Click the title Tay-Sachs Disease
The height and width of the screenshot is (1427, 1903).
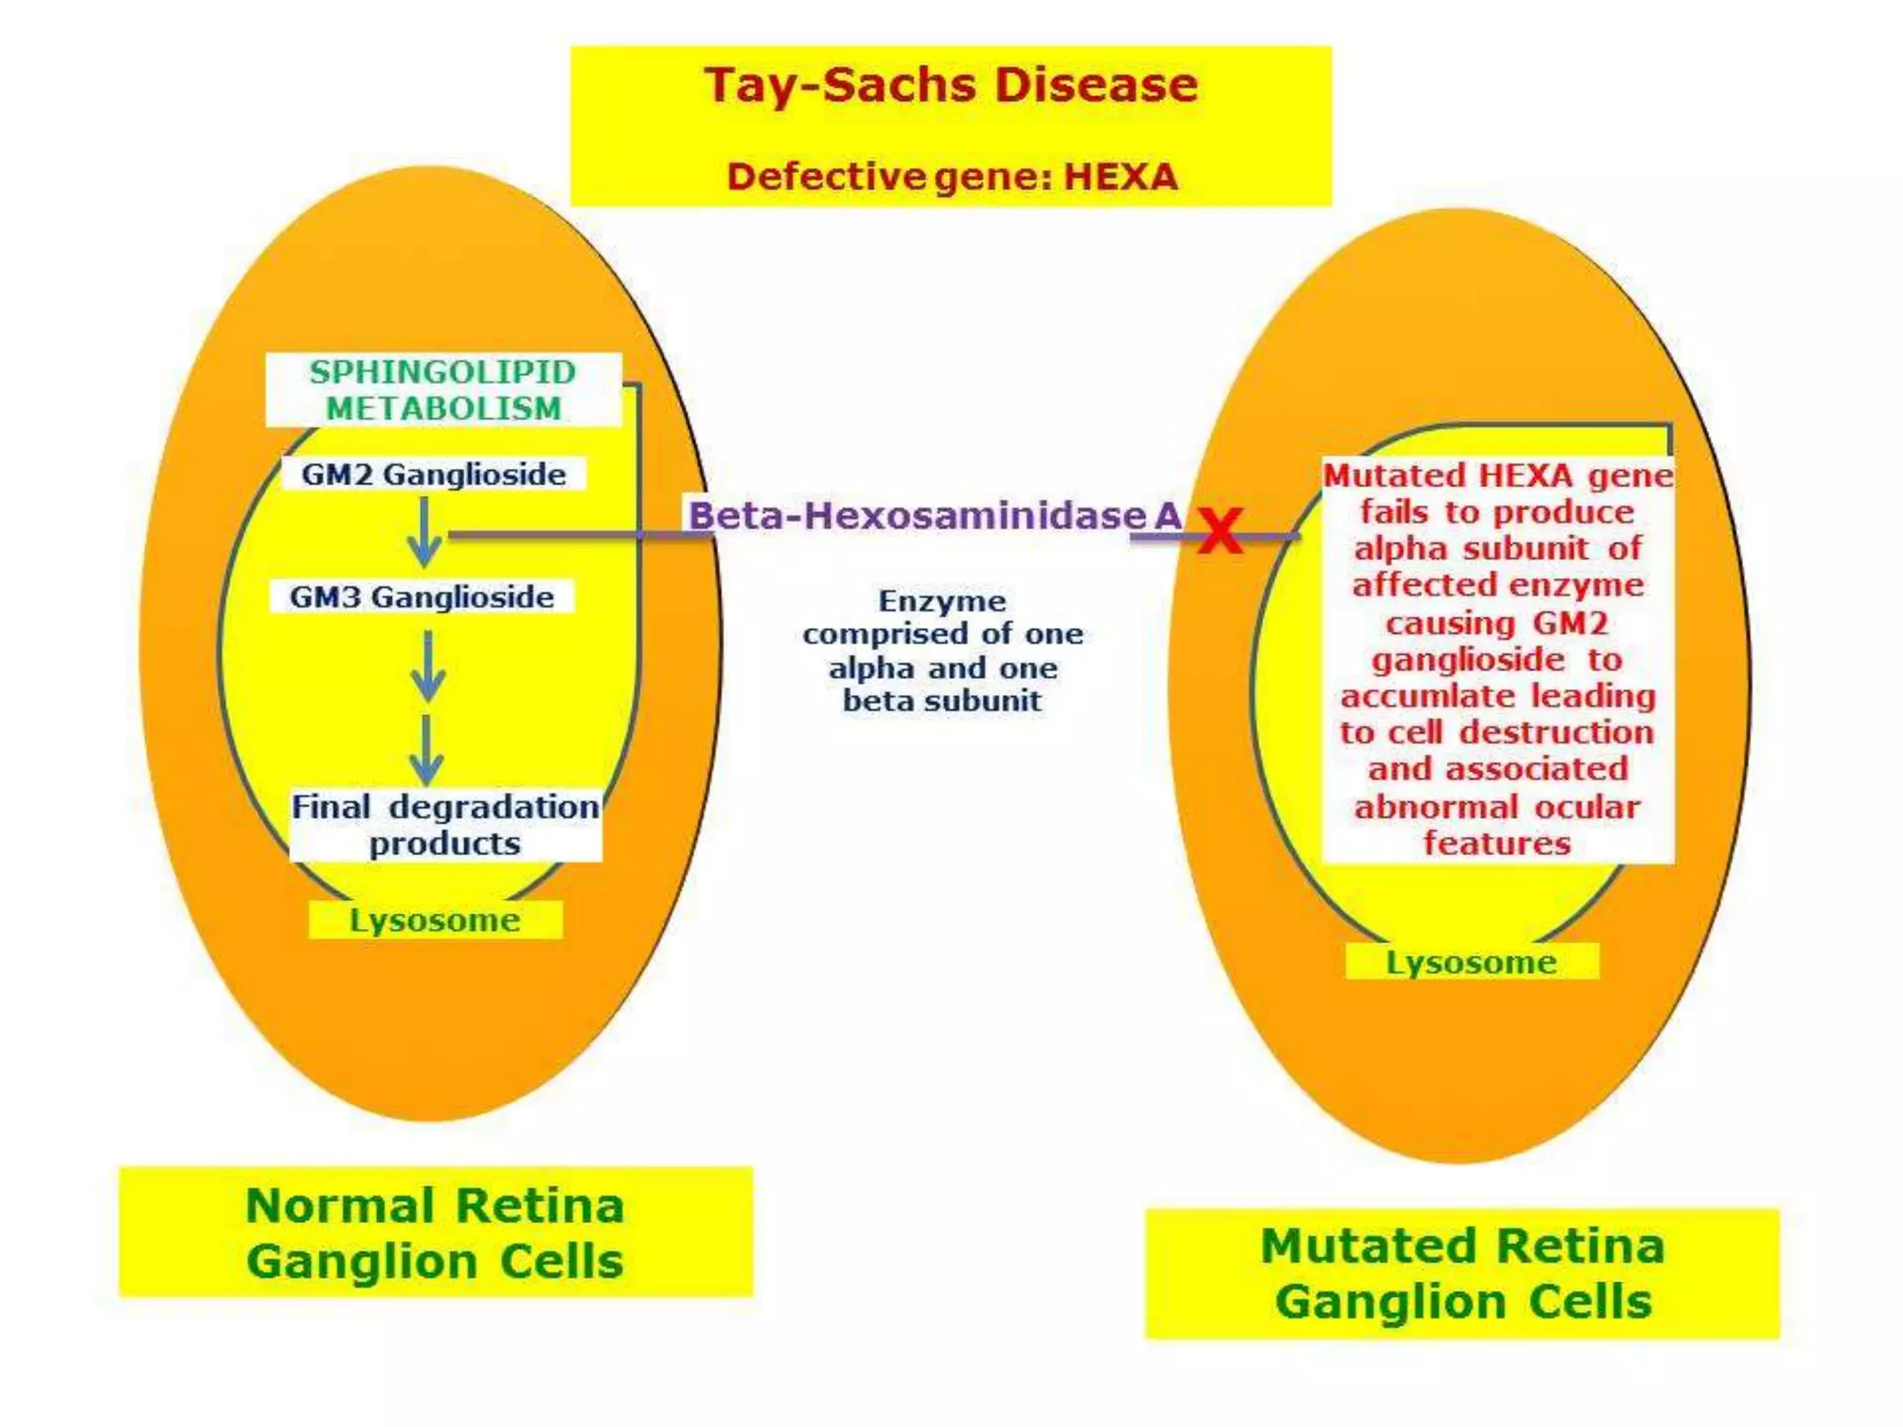951,85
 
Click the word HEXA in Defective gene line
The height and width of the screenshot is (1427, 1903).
1120,177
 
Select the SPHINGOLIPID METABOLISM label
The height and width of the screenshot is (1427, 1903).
443,390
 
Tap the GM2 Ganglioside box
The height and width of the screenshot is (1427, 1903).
433,475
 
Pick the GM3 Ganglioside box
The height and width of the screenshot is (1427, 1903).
422,597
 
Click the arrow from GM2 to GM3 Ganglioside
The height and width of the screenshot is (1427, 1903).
425,531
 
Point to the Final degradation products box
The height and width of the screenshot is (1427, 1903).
445,825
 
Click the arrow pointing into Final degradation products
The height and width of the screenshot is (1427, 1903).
427,751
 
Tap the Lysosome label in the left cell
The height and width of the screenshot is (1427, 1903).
435,921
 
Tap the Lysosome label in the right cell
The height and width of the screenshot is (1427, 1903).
1471,962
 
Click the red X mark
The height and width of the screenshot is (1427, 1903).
1220,531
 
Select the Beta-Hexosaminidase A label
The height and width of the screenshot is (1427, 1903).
934,516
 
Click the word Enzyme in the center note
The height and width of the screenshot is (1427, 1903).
942,601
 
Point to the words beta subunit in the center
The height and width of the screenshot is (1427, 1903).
942,700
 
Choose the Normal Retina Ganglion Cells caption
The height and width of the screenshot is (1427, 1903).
435,1233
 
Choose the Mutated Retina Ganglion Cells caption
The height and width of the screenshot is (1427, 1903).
1463,1274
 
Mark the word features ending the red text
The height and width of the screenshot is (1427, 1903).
1497,843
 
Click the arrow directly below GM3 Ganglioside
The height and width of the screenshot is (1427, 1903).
427,667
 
